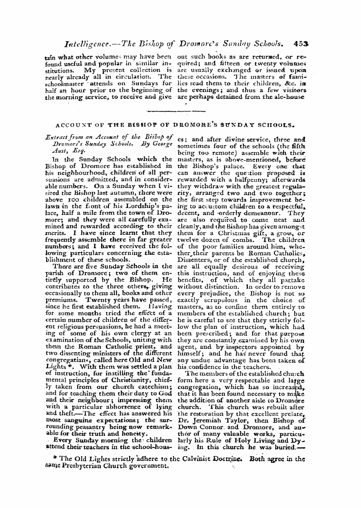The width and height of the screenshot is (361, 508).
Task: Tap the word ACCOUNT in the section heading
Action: pyautogui.click(x=70, y=124)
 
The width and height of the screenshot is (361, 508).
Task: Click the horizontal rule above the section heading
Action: pyautogui.click(x=176, y=111)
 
